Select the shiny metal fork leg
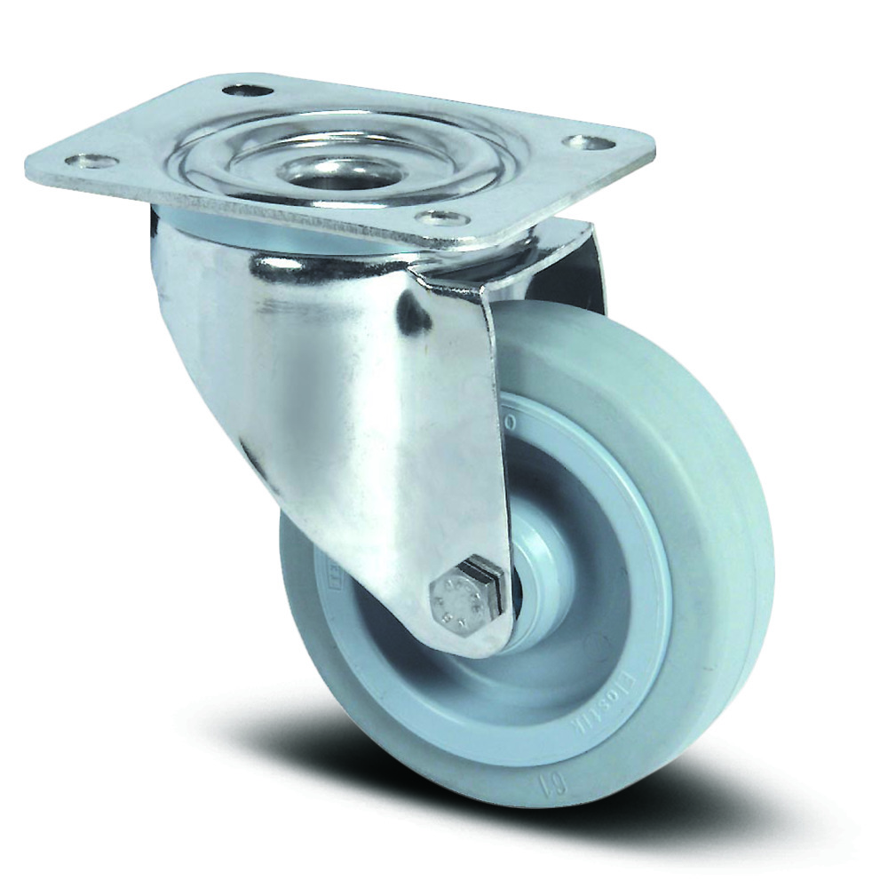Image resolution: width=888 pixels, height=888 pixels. (x=382, y=426)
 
